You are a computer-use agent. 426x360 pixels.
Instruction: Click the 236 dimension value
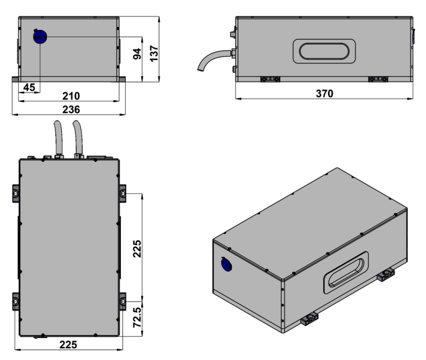(70, 109)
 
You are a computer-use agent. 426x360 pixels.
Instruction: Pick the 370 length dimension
(324, 94)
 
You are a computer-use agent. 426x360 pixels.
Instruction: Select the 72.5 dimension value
(136, 317)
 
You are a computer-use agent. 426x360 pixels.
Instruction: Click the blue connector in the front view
(40, 37)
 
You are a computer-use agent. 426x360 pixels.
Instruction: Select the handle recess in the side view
(324, 52)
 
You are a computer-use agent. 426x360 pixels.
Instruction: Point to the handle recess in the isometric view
(345, 270)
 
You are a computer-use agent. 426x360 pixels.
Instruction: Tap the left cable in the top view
(57, 137)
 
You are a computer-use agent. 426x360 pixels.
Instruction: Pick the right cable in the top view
(78, 137)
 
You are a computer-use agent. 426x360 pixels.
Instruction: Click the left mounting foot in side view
(269, 79)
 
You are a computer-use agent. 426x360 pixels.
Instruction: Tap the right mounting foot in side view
(378, 79)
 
